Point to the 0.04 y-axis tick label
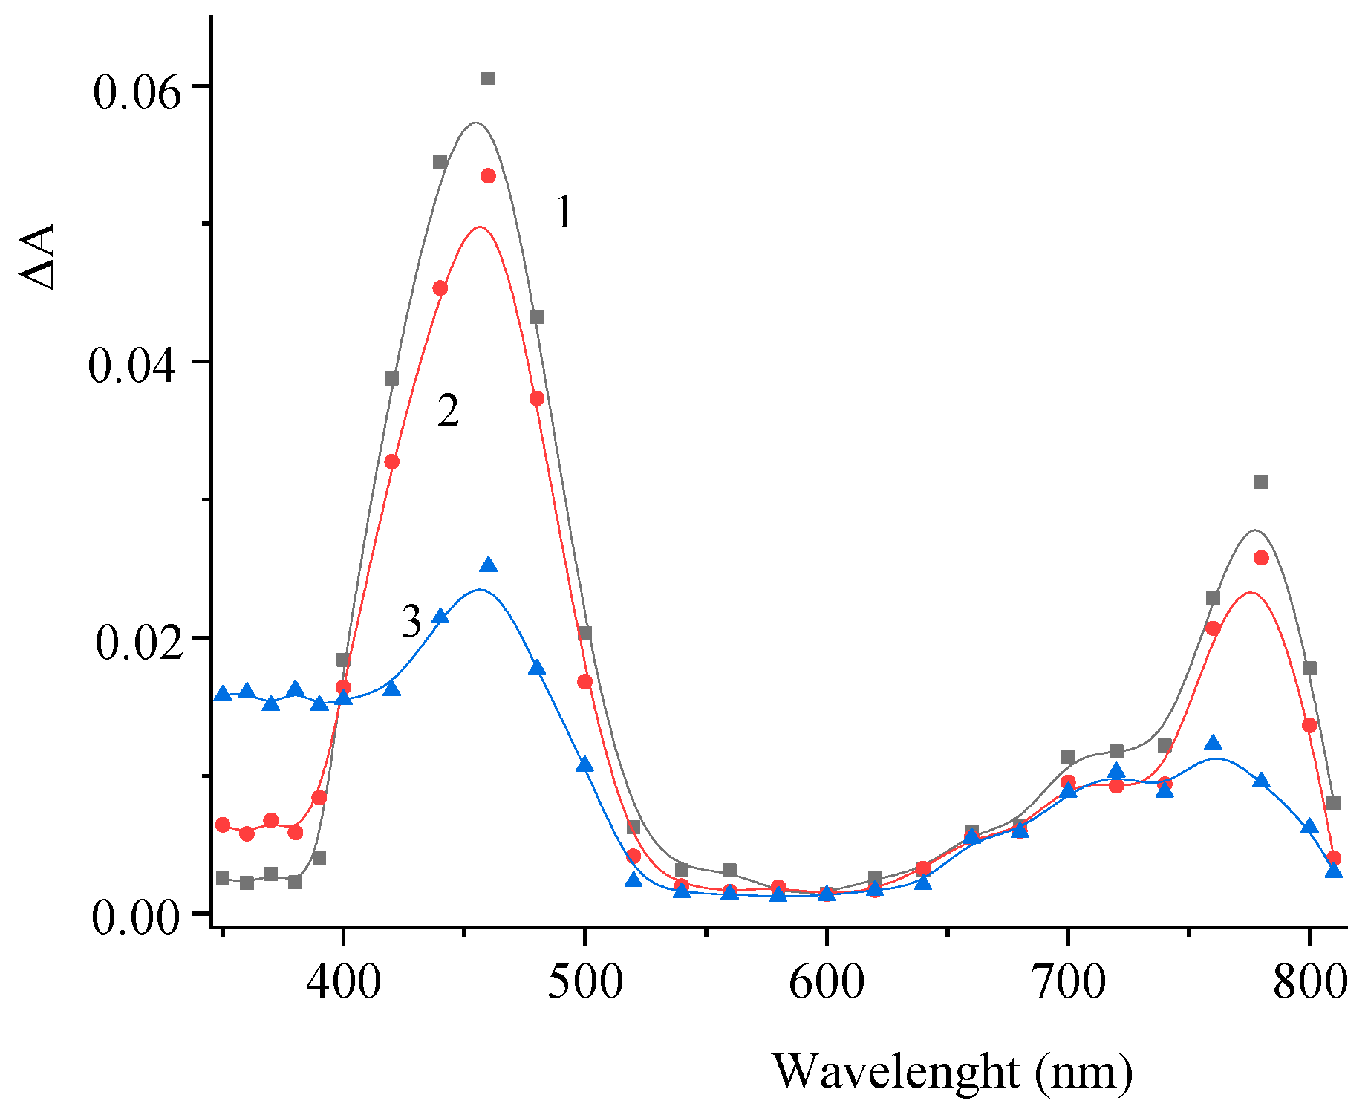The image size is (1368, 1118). click(x=133, y=367)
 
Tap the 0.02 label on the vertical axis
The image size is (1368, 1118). click(x=138, y=643)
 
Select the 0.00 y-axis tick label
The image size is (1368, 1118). click(x=137, y=918)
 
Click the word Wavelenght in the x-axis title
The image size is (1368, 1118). click(x=896, y=1072)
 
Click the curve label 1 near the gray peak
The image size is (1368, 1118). click(x=564, y=212)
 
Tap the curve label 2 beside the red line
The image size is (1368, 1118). click(x=448, y=411)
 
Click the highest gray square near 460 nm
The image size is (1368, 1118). click(x=488, y=79)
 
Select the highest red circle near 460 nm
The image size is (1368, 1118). click(x=488, y=176)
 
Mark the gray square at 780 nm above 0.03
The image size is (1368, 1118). click(x=1261, y=482)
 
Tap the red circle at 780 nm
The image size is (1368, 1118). click(x=1261, y=558)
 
